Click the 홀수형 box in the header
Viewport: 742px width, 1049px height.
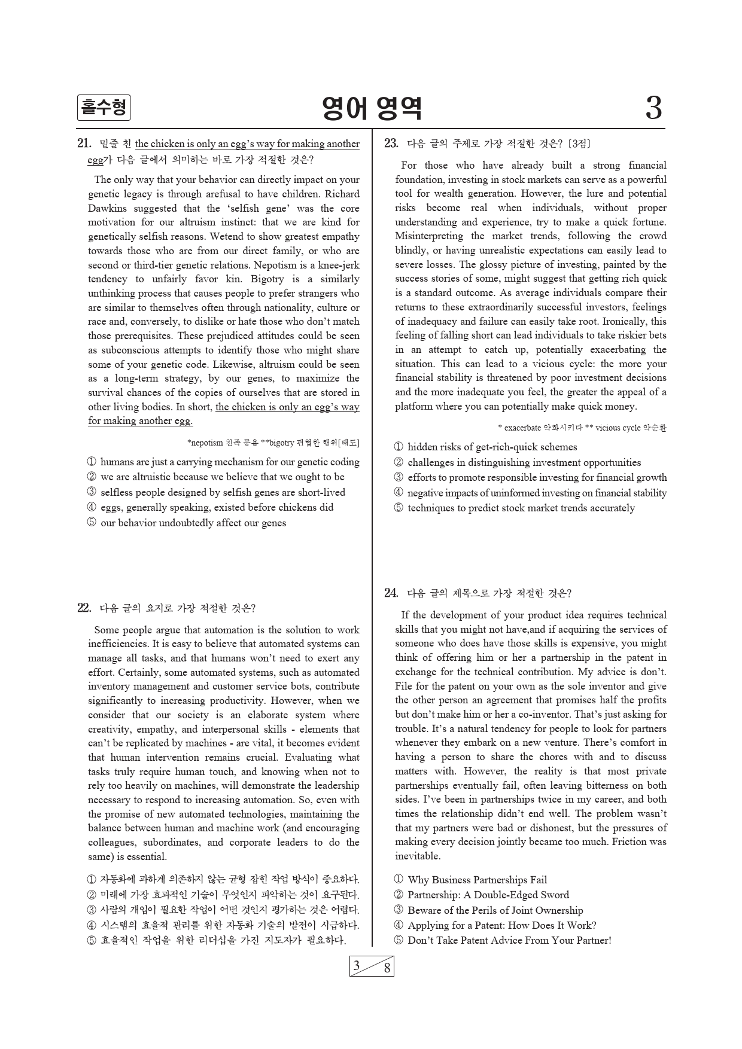coord(104,108)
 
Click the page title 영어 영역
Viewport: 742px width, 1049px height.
coord(372,108)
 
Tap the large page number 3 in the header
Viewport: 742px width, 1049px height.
coord(653,109)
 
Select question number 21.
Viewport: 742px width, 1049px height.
coord(84,144)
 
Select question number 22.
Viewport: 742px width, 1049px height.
coord(84,608)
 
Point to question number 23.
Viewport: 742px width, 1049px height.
coord(391,144)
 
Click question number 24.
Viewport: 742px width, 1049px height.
coord(391,593)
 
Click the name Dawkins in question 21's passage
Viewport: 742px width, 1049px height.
coord(107,208)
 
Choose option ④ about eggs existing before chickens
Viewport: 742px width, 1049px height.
coord(217,507)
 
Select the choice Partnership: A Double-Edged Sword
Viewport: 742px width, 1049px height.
coord(488,895)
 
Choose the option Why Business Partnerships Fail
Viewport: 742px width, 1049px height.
coord(477,880)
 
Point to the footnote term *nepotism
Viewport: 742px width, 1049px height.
coord(205,443)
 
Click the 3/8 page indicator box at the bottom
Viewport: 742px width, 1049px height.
coord(372,966)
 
